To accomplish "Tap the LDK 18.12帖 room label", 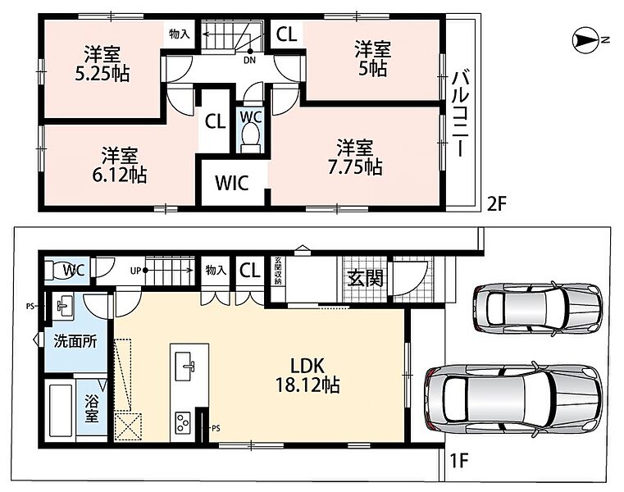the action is [x=307, y=376].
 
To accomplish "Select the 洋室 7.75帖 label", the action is [x=355, y=157].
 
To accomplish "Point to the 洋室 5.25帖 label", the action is [x=102, y=64].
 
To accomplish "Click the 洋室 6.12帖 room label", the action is [x=120, y=165].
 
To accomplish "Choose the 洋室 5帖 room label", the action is [x=372, y=59].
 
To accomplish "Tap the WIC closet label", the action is [x=232, y=183].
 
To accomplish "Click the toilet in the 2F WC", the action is [x=251, y=138].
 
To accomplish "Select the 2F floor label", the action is [x=496, y=204].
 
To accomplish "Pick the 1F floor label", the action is [x=458, y=461].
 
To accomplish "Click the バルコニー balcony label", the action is [x=460, y=113].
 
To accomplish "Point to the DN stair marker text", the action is [x=249, y=61].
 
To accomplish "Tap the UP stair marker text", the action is [x=135, y=271].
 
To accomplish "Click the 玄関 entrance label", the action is [x=365, y=278].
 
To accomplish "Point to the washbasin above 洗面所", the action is [x=63, y=306].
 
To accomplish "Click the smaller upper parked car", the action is [x=538, y=308].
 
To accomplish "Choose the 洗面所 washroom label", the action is [x=75, y=342].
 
